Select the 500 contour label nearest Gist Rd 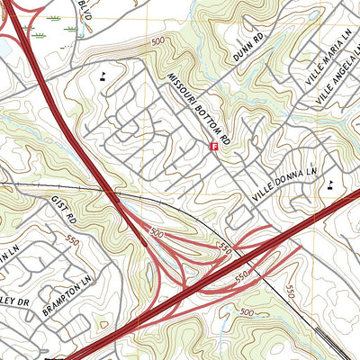[x=157, y=233]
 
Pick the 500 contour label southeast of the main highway [x=247, y=311]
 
